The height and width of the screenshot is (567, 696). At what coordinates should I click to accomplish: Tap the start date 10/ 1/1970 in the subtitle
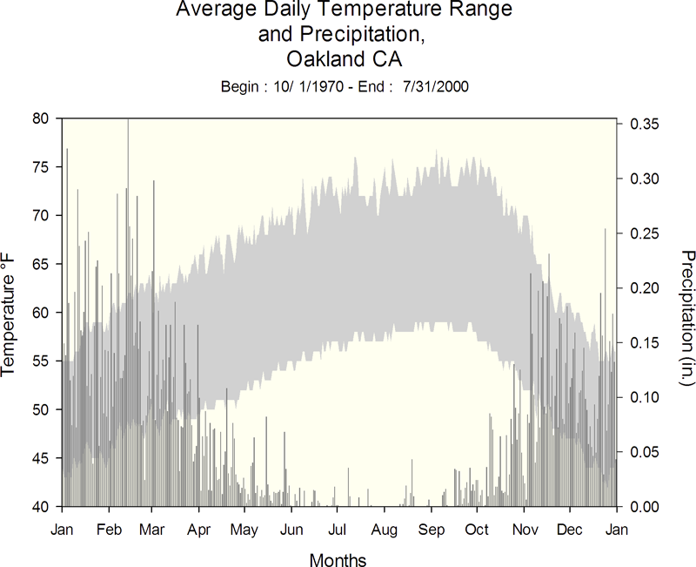tap(308, 86)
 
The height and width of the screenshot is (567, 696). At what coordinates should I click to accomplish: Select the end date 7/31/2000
tap(436, 86)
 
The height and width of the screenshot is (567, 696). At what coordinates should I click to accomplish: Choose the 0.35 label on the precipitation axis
tap(644, 124)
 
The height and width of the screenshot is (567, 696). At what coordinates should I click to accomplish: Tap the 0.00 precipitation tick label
tap(644, 507)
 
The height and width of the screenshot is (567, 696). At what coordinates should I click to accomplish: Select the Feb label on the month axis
tap(109, 530)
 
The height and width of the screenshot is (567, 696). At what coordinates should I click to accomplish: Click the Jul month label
tap(337, 530)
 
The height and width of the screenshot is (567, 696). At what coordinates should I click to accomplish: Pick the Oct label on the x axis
tap(477, 530)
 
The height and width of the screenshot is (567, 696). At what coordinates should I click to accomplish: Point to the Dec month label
tap(570, 530)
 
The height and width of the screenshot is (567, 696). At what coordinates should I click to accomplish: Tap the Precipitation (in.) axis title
tap(687, 318)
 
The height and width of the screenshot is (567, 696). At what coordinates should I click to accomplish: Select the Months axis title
tap(338, 559)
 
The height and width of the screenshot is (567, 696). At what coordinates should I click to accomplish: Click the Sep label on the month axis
tap(431, 530)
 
